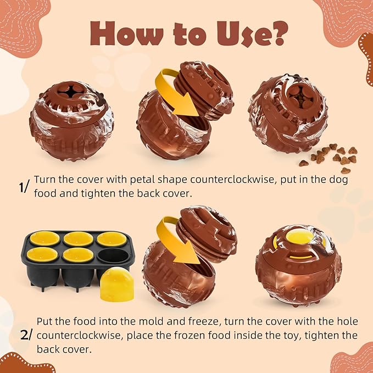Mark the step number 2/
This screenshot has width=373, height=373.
click(x=25, y=335)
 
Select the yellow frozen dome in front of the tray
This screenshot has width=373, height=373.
click(x=116, y=285)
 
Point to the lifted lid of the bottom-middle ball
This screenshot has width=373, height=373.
click(x=207, y=235)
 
